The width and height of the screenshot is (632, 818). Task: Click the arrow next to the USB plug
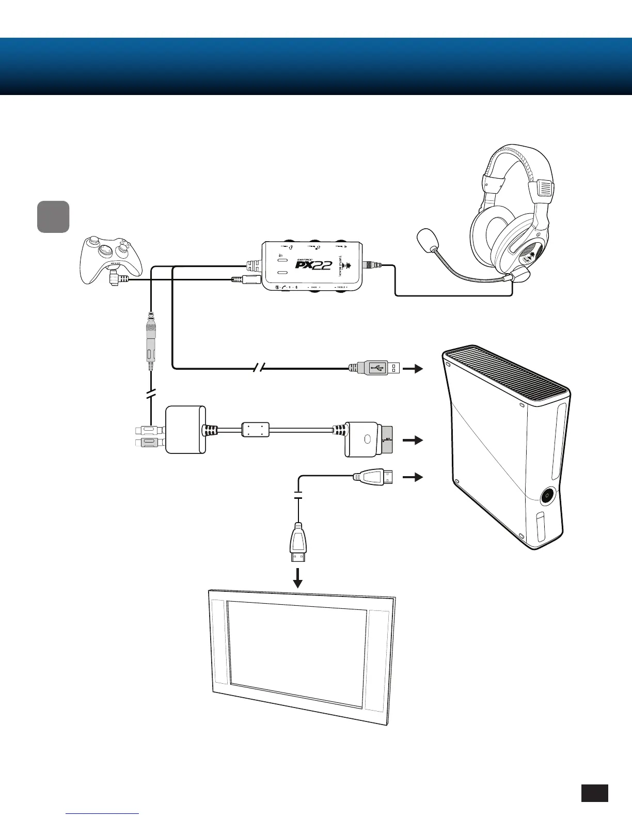(413, 369)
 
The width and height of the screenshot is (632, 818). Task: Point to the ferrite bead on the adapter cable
(256, 429)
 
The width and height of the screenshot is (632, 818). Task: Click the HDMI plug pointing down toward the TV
(297, 542)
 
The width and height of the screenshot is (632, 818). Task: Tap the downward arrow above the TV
(297, 578)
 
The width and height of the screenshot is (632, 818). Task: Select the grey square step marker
(53, 216)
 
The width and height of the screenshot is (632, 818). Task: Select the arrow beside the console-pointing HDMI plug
(413, 477)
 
